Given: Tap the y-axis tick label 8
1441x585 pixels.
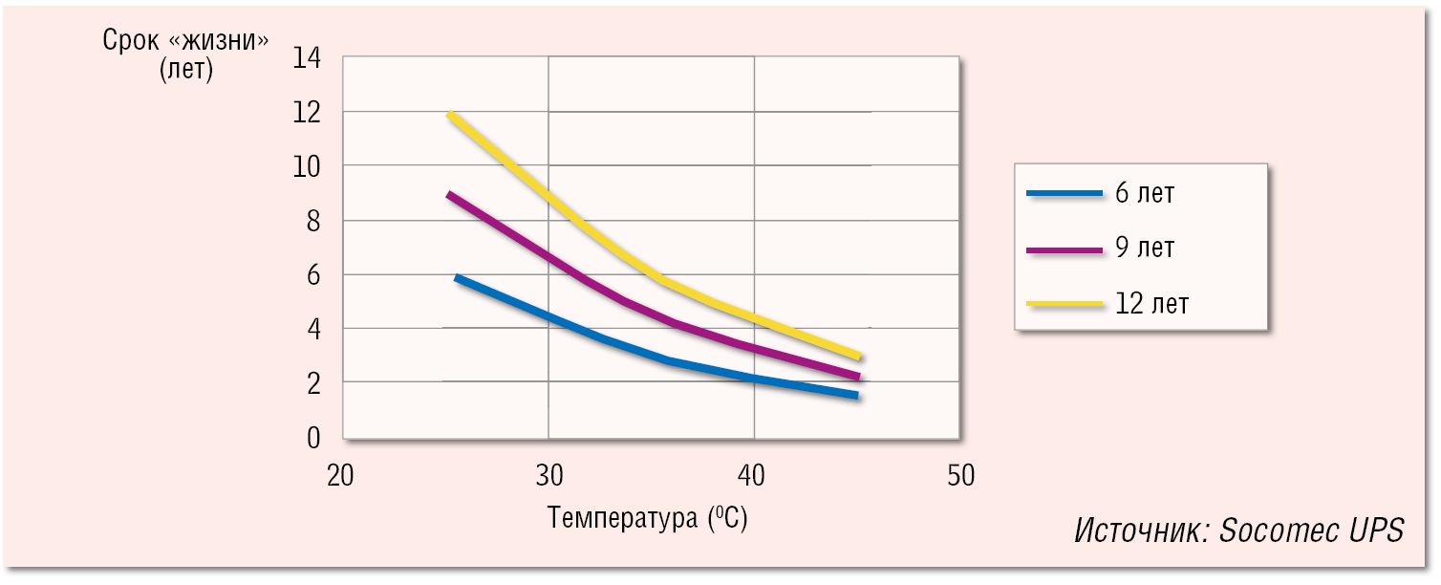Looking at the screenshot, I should (x=312, y=221).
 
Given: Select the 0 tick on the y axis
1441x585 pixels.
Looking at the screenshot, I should (x=312, y=437).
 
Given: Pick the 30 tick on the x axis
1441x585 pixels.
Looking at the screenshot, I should (x=548, y=475).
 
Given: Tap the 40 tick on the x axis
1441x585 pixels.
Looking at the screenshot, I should (x=754, y=475).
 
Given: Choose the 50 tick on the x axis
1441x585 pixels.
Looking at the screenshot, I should (x=960, y=475).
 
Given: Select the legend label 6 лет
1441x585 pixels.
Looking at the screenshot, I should (x=1144, y=193).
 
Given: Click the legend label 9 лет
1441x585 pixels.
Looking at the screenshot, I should (x=1144, y=249).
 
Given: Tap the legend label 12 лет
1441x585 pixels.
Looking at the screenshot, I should (x=1151, y=304).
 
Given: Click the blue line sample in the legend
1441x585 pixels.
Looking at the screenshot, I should (x=1064, y=193).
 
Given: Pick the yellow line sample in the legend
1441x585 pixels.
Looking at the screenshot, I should (x=1064, y=304).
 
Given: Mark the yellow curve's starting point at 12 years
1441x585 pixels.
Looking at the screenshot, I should (x=449, y=115).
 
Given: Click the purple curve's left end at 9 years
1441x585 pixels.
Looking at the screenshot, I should (x=449, y=195).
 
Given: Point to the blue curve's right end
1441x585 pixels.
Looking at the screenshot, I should (x=856, y=395).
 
